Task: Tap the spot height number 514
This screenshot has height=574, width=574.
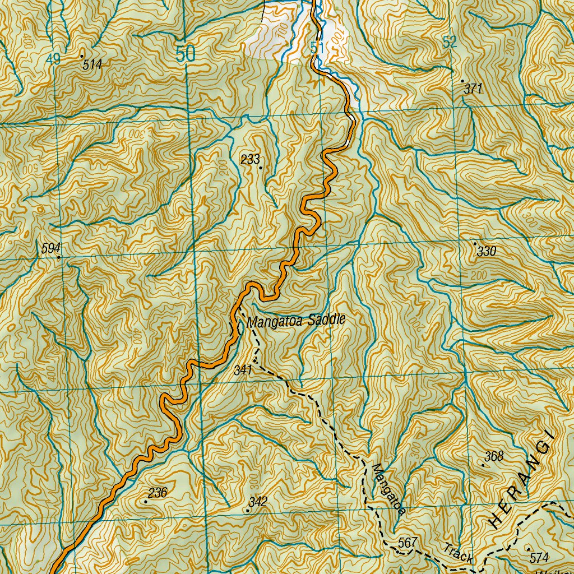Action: pos(92,65)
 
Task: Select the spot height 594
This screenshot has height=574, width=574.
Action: pos(50,248)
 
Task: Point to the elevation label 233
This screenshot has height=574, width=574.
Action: pos(250,160)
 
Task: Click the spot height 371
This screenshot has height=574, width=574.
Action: pos(473,89)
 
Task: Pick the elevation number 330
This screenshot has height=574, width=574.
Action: pos(487,252)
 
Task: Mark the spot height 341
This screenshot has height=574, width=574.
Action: pos(243,370)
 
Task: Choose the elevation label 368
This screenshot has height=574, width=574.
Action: pos(493,456)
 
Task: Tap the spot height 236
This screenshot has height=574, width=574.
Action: pos(158,493)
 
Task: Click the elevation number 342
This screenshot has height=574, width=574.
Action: pos(258,502)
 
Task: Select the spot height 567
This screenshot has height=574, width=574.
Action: pos(408,543)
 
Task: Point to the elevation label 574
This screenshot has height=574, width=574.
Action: pos(538,558)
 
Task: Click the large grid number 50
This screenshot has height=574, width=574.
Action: pos(185,54)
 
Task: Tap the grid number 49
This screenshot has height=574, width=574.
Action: pos(53,59)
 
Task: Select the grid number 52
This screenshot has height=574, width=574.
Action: pos(450,41)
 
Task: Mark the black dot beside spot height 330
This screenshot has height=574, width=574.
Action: pos(475,244)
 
